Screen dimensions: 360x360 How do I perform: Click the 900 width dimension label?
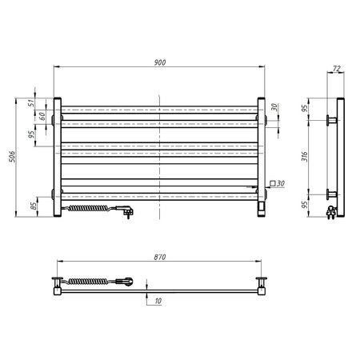[x=160, y=62]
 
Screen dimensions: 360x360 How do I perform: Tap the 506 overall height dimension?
[x=12, y=157]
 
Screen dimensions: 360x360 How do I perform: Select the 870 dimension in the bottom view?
[x=160, y=257]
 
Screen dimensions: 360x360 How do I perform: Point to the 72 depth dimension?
[x=337, y=69]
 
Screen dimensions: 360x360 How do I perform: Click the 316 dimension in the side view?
[x=305, y=157]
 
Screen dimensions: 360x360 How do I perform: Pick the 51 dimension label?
[x=31, y=103]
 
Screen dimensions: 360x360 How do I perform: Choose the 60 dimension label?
[x=42, y=116]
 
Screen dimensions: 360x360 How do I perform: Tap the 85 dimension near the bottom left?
[x=34, y=206]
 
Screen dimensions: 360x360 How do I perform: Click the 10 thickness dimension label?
[x=158, y=301]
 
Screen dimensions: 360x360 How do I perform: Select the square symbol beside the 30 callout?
[x=273, y=183]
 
